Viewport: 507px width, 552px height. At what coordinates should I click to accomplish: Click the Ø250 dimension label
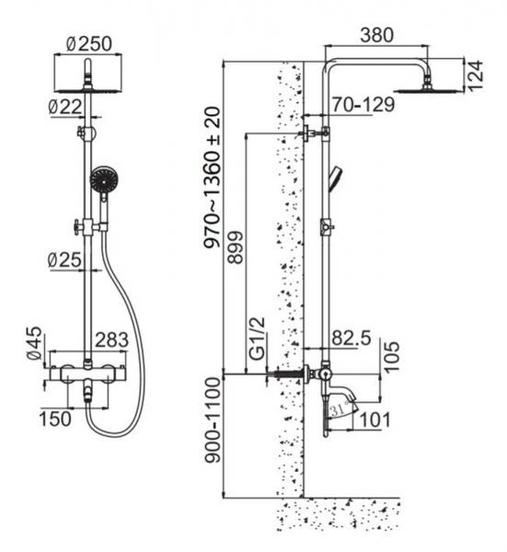tap(89, 43)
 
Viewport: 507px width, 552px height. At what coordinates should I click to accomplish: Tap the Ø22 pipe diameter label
tap(66, 107)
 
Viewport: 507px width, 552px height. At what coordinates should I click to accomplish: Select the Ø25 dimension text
tap(64, 260)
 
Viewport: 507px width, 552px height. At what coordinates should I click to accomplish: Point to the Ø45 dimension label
tap(34, 343)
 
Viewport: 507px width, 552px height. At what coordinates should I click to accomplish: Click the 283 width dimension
tap(112, 340)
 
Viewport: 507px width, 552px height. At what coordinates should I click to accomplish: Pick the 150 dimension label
tap(55, 419)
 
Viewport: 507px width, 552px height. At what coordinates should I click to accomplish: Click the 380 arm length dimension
tap(376, 35)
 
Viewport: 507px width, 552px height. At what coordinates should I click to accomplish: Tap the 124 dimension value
tap(476, 76)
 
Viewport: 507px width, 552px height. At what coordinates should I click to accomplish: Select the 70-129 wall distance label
tap(363, 105)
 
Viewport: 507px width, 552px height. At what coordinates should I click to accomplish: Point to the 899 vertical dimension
tap(236, 247)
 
